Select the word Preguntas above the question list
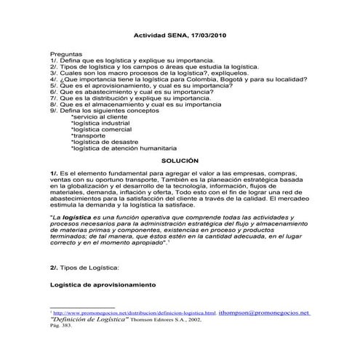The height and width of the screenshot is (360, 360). tap(66, 55)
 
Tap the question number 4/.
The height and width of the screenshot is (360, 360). tap(55, 80)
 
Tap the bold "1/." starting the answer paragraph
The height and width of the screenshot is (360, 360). tap(55, 175)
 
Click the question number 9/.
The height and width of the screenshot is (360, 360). tap(55, 110)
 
